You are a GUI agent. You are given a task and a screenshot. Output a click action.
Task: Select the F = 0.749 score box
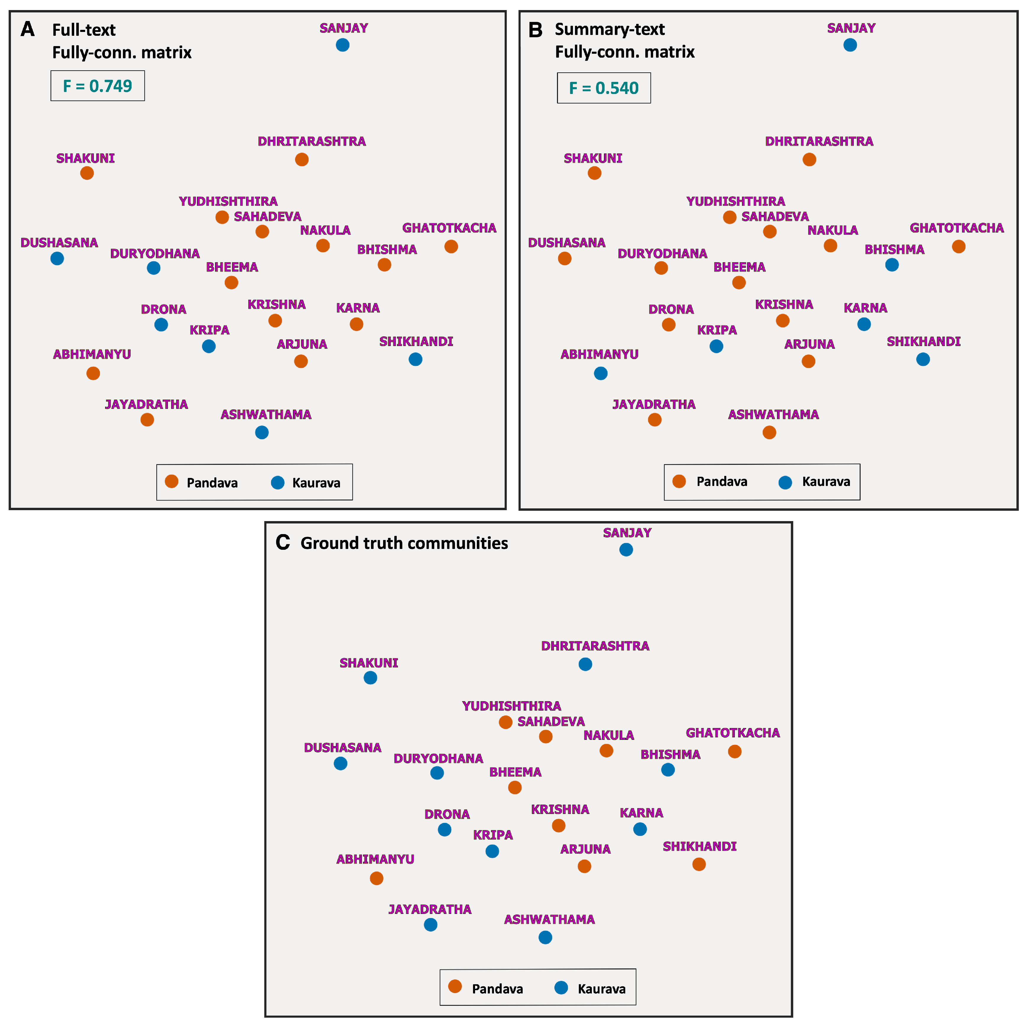[x=97, y=86]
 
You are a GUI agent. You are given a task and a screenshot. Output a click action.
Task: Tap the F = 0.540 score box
[x=603, y=88]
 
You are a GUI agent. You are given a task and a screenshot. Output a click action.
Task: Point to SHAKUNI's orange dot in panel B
[x=595, y=173]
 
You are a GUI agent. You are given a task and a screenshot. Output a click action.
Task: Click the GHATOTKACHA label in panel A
[x=449, y=228]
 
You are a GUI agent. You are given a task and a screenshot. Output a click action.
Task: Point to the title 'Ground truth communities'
[x=404, y=543]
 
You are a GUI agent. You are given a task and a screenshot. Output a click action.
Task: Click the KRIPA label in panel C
[x=493, y=835]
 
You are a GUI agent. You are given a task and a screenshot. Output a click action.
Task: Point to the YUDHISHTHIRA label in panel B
[x=736, y=201]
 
